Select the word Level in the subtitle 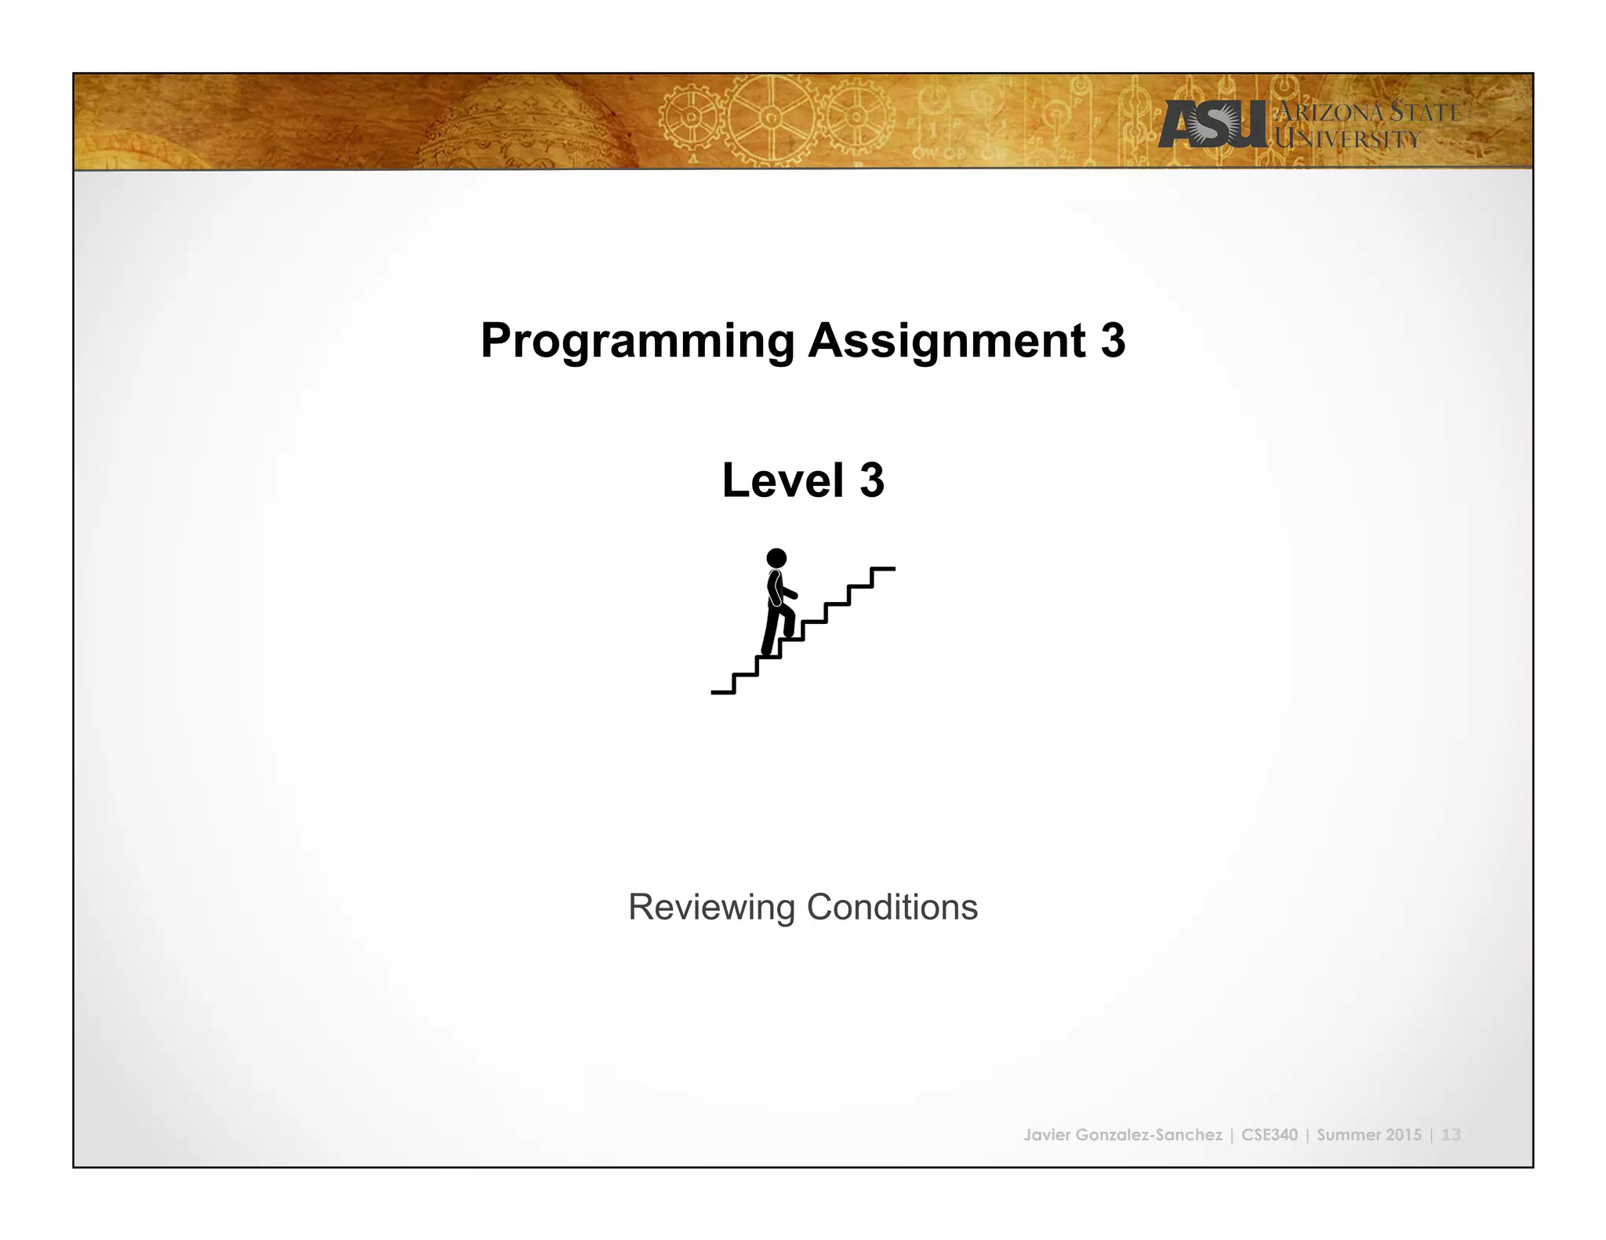pos(782,480)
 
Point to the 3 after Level pos(871,480)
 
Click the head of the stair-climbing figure pos(776,558)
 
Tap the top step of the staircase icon pos(883,569)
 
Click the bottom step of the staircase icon pos(722,691)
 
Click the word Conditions pos(892,907)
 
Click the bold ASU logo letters pos(1212,125)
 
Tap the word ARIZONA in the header pos(1328,112)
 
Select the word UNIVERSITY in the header pos(1346,140)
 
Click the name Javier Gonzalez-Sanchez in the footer pos(1122,1134)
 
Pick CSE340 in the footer pos(1269,1134)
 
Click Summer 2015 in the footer pos(1368,1134)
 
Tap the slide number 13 pos(1451,1134)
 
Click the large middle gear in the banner pos(771,119)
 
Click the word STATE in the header pos(1424,112)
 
